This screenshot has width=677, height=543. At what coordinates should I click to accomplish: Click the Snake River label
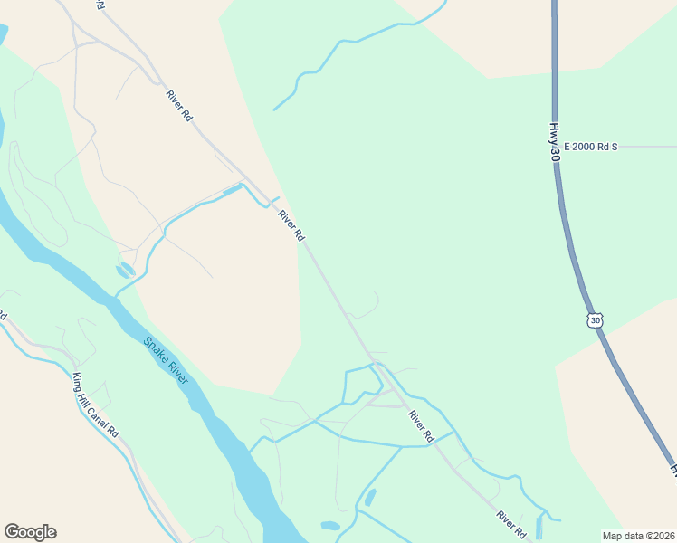167,360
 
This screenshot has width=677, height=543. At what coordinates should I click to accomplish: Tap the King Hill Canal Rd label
96,406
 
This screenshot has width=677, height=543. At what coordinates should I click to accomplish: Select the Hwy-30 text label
554,143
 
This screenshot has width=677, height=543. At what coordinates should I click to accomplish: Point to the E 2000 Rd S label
589,146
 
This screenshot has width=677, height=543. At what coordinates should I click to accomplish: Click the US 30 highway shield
594,320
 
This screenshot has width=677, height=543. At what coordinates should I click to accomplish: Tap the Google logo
30,532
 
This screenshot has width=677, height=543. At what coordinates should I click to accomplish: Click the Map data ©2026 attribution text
639,536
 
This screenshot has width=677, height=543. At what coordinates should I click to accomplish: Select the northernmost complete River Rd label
179,105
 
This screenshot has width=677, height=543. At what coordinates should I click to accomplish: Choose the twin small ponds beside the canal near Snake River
124,270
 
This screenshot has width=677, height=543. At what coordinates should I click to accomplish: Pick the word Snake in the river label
157,350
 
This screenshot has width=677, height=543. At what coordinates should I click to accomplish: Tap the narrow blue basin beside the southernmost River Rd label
540,526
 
